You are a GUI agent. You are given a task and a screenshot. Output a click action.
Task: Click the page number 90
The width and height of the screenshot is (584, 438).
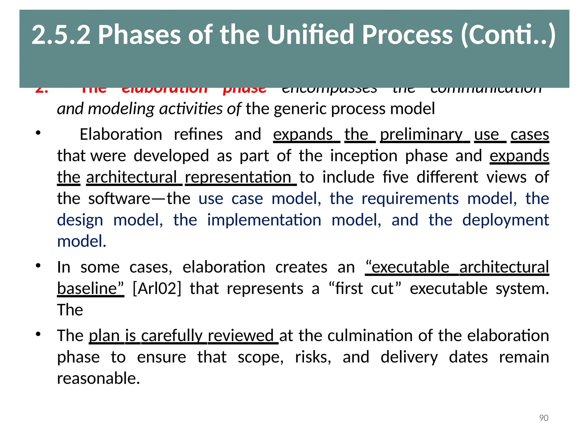(x=544, y=418)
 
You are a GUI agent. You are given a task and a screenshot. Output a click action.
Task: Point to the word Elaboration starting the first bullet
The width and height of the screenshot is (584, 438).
(x=121, y=134)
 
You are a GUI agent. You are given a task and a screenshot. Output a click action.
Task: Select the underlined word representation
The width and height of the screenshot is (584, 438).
(x=238, y=177)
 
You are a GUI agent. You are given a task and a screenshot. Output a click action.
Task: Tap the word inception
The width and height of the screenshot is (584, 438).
(x=364, y=156)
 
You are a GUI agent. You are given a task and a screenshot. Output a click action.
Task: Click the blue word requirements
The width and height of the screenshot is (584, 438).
(x=410, y=198)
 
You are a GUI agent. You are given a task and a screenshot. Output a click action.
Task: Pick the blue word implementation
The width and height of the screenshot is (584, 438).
(x=264, y=220)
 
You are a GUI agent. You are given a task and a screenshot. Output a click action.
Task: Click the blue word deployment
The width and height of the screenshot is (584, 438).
(x=505, y=220)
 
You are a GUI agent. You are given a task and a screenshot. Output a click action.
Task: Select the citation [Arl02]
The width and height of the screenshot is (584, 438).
(x=157, y=288)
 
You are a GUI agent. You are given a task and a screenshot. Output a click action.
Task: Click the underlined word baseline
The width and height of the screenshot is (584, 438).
(x=90, y=288)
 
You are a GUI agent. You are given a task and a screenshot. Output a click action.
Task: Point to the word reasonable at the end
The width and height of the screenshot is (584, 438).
(x=98, y=378)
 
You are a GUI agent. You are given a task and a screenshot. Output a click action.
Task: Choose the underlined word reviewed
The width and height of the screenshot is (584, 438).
(x=240, y=335)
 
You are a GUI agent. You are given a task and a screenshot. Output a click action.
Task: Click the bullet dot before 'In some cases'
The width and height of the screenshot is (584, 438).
(x=38, y=266)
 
